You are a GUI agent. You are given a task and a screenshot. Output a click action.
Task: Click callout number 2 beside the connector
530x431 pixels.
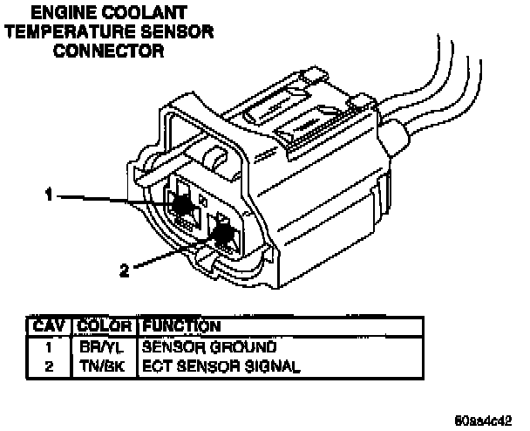click(x=125, y=270)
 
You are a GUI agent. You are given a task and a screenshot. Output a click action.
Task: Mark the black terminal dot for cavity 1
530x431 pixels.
click(x=182, y=205)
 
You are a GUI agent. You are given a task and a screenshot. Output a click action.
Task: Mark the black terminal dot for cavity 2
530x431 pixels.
click(x=223, y=234)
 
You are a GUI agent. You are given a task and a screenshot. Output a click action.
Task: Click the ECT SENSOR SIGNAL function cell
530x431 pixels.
click(x=221, y=366)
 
